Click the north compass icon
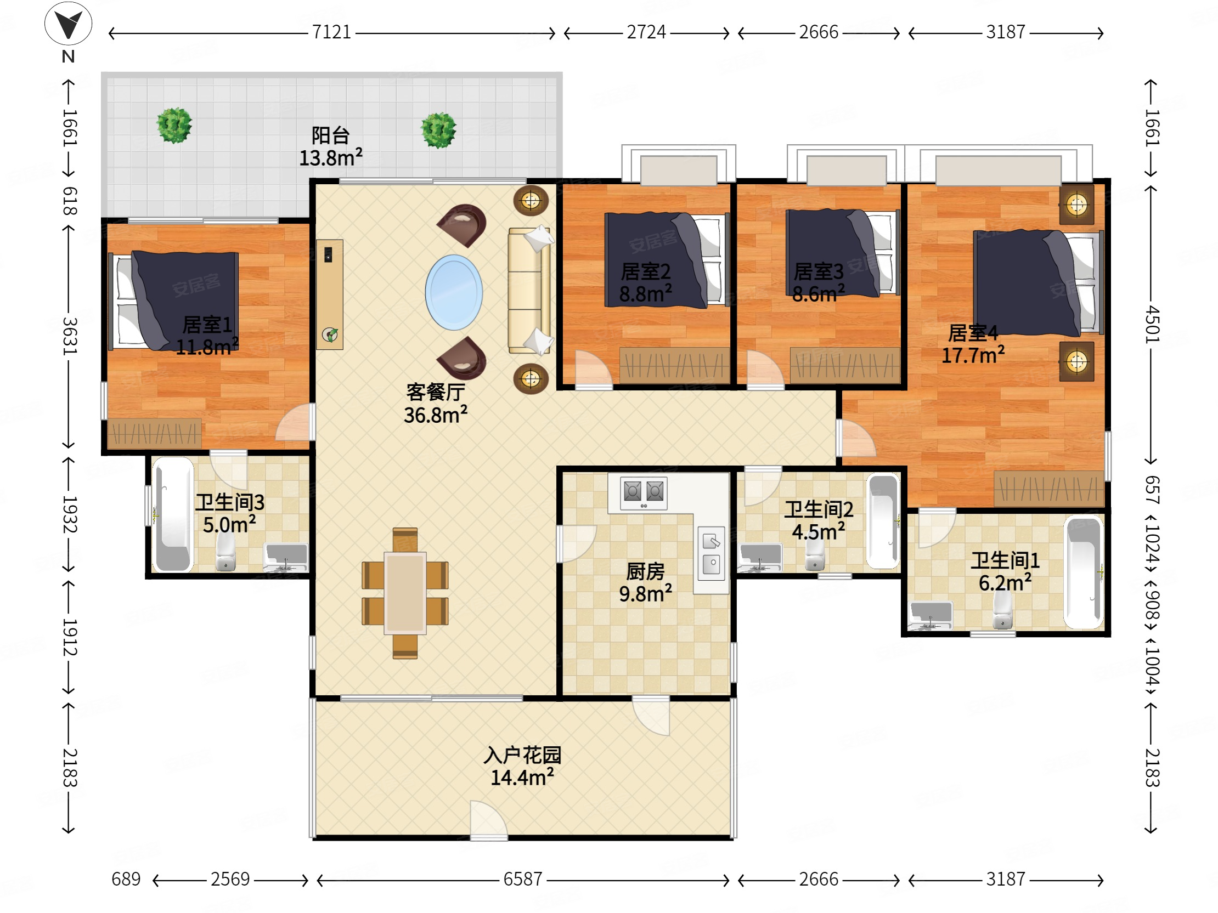tap(68, 24)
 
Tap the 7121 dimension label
tap(331, 32)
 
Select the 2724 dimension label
tap(646, 32)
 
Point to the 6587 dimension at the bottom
tap(522, 880)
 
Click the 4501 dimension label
tap(1153, 325)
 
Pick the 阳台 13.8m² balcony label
tap(330, 146)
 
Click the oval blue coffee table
tap(454, 292)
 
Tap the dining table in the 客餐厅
tap(405, 593)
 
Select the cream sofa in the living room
tap(529, 290)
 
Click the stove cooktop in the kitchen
tap(643, 492)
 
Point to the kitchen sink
tap(711, 554)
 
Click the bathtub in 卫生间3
tap(173, 515)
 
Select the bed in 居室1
tap(174, 300)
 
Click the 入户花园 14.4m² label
tap(522, 766)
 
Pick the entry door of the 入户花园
tap(488, 820)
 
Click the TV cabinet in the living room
tap(330, 294)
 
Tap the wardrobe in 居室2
tap(674, 365)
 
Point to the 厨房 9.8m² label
tap(645, 583)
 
